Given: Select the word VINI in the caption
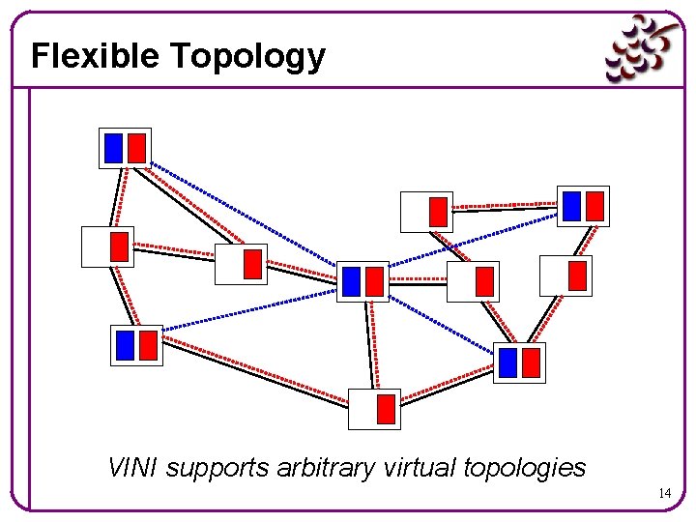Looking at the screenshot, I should coord(133,468).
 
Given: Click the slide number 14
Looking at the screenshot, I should coord(664,494).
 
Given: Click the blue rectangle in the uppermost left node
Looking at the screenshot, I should coord(113,148).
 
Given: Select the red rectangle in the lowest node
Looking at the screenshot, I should coord(386,409).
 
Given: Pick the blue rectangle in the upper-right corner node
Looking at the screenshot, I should coord(571,206).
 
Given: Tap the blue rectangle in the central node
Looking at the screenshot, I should coord(351,281).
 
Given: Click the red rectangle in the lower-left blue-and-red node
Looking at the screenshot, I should coord(148,345).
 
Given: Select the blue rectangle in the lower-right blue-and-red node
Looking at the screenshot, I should coord(507,362).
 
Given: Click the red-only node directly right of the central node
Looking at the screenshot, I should coord(473,281).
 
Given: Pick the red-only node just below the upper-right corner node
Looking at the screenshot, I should coord(565,275).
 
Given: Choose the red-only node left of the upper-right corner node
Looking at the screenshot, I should coord(426,212).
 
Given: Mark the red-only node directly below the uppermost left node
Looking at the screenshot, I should coord(107,246).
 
